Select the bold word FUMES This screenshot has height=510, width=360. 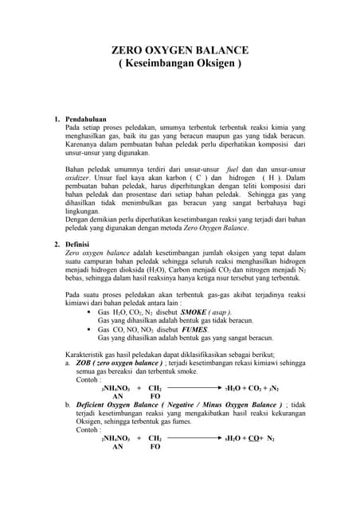coord(193,329)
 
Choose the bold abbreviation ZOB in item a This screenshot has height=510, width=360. coord(81,362)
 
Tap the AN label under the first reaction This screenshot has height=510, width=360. coord(118,396)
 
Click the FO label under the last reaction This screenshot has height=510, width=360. coord(155,447)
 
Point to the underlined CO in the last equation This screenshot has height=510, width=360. coord(252,438)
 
